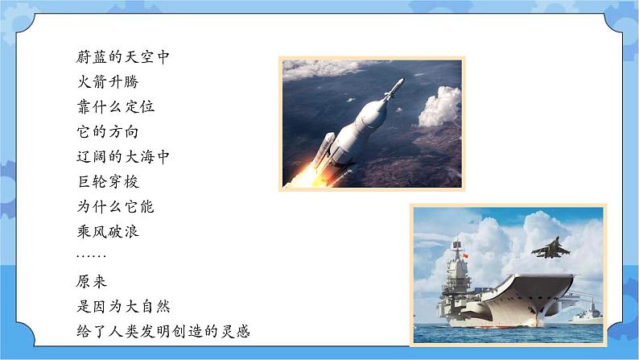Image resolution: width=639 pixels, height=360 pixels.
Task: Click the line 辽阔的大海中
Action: pos(121,156)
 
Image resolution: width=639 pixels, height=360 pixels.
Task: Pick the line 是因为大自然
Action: pos(121,306)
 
